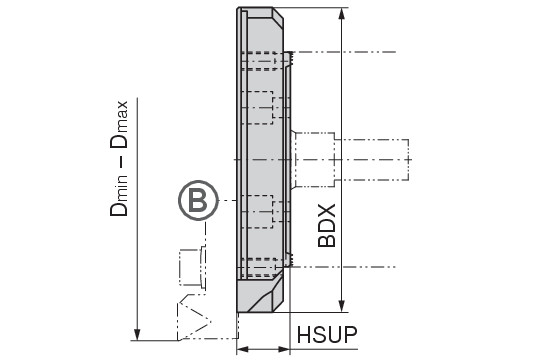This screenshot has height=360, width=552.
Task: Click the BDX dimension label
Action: point(327,226)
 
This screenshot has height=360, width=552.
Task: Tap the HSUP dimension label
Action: point(327,335)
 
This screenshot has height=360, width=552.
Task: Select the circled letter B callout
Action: point(198,200)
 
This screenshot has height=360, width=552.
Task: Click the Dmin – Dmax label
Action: point(119,158)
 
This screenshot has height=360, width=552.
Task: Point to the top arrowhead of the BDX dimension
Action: point(341,14)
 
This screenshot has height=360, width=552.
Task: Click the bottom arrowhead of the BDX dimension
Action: point(341,306)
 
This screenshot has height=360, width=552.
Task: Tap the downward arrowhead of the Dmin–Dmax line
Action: point(137,334)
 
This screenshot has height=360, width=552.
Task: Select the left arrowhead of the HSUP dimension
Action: point(243,349)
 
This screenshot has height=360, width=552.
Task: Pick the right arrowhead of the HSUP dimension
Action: point(284,349)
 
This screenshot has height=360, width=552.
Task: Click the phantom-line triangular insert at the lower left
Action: point(194,321)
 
